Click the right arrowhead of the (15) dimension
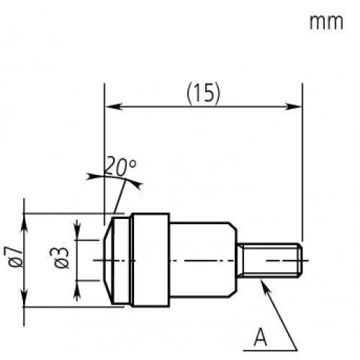tap(296, 107)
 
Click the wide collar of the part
tap(149, 258)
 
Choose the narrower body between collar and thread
tap(203, 258)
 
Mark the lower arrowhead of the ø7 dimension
tap(25, 301)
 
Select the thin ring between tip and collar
tap(125, 258)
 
